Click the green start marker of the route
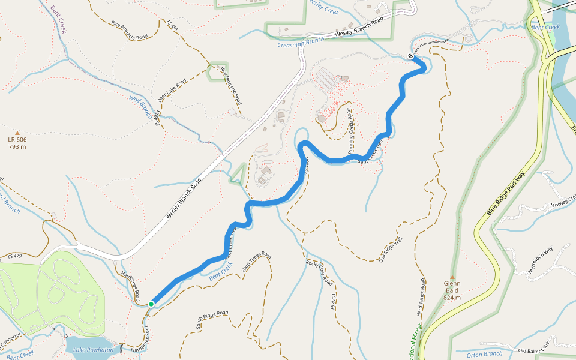click(151, 304)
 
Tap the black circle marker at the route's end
click(410, 56)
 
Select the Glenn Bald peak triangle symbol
click(452, 277)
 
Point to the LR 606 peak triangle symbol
click(17, 133)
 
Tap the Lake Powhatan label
click(93, 350)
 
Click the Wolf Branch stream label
click(141, 106)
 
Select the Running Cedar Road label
click(350, 132)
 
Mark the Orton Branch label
click(484, 355)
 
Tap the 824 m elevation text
click(452, 298)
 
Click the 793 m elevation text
click(17, 146)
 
